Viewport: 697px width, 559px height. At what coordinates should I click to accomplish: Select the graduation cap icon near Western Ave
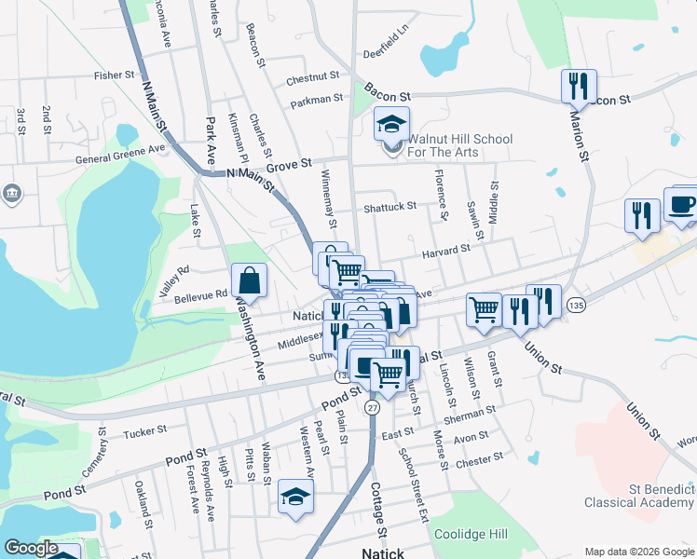coord(296,496)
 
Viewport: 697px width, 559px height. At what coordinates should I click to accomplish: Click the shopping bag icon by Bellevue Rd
coord(250,279)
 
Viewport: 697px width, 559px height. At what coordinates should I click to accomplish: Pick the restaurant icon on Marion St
coord(579,87)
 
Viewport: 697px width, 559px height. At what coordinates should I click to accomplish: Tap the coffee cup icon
coord(681,205)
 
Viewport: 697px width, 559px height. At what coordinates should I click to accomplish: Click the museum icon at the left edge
coord(12,194)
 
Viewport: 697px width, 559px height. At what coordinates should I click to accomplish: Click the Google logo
coord(31,548)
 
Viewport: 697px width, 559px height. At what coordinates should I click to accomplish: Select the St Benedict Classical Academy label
coord(639,495)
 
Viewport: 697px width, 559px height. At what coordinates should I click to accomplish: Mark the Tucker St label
coord(144,430)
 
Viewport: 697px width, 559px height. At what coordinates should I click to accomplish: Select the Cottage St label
coord(379,516)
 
